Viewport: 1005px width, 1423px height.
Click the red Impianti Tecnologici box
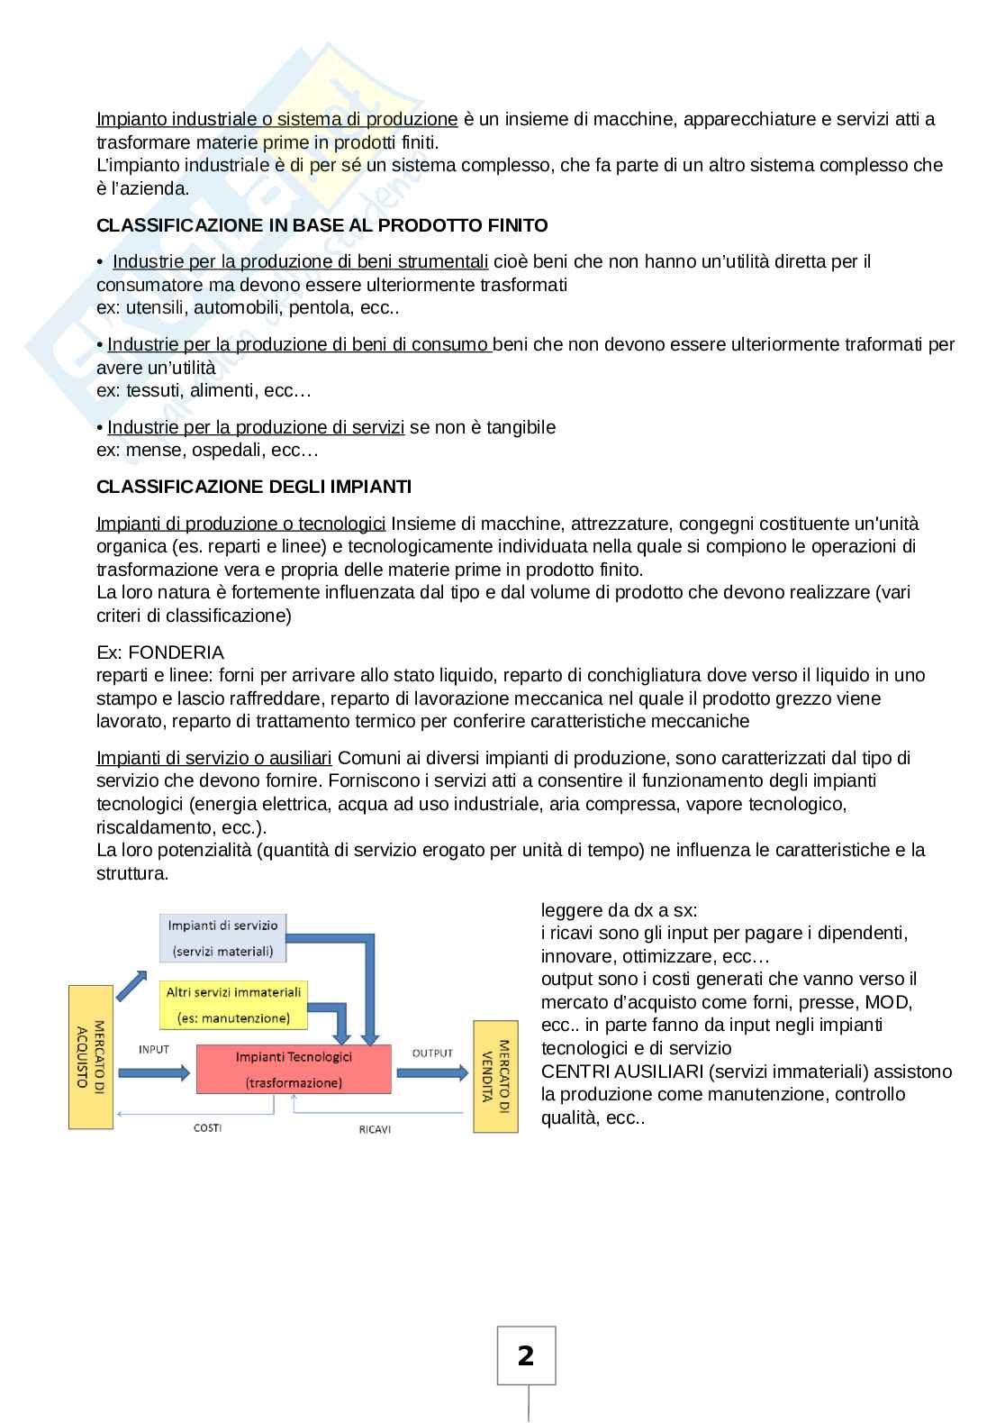click(294, 1069)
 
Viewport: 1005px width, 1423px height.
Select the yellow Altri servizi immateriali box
click(234, 1005)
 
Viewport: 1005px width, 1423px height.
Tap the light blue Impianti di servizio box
click(223, 937)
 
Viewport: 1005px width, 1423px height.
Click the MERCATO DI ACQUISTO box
click(91, 1057)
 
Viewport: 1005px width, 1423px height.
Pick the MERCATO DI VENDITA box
click(496, 1076)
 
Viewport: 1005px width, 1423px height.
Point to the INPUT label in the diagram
click(154, 1049)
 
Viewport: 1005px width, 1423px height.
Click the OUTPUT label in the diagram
click(432, 1053)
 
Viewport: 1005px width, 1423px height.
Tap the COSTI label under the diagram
click(208, 1127)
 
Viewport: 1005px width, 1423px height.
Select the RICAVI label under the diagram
click(375, 1129)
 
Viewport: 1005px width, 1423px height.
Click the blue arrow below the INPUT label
click(154, 1072)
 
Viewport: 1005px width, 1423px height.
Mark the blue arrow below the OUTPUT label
click(432, 1072)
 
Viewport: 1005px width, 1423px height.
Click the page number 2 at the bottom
click(526, 1355)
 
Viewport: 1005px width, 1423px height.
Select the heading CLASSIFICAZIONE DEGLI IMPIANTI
click(254, 487)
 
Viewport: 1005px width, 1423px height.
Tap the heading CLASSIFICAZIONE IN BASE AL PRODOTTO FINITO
click(321, 225)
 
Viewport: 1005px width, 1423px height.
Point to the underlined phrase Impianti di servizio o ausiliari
click(214, 758)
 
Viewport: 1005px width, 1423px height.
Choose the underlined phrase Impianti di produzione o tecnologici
click(240, 524)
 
